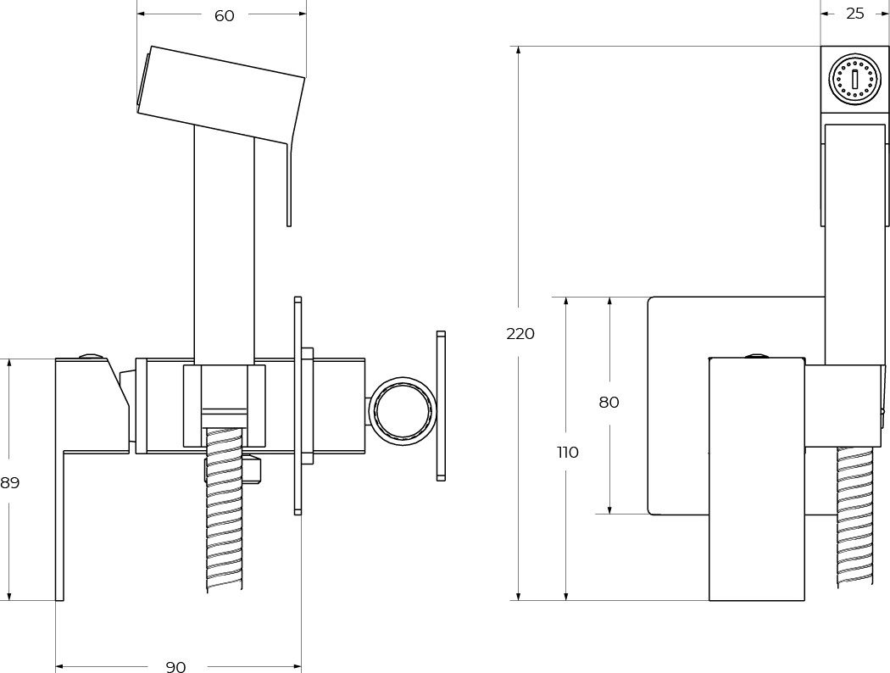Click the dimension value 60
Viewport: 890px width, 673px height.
tap(225, 16)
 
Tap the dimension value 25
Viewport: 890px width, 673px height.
tap(854, 14)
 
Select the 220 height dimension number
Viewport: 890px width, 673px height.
tap(520, 334)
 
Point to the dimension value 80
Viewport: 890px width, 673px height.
tap(609, 403)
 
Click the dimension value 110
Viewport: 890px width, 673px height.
tap(568, 453)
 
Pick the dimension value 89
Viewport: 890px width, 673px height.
tap(9, 483)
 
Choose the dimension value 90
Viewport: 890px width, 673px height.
tap(176, 667)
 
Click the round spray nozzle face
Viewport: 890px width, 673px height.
tap(854, 80)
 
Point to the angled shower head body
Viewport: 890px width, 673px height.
tap(220, 93)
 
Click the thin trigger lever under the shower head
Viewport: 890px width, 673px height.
tap(289, 185)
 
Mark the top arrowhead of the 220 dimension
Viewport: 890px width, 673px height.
tap(518, 51)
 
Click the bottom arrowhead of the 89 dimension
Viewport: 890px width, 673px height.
tap(9, 595)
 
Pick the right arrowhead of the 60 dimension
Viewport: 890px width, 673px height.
tap(301, 14)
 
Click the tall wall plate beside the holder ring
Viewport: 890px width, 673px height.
tap(441, 406)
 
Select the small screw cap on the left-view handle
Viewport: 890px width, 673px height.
tap(92, 357)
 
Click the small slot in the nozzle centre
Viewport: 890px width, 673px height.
tap(854, 80)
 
